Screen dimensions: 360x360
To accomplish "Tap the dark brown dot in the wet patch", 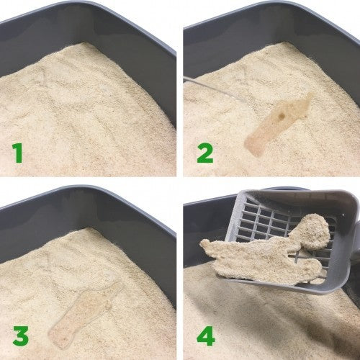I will coord(283,113).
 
